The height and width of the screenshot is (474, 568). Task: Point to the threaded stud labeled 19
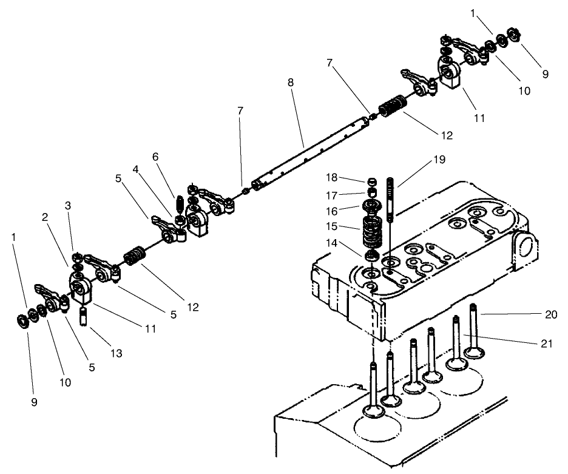pyautogui.click(x=391, y=194)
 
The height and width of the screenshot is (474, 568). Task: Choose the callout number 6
pyautogui.click(x=155, y=157)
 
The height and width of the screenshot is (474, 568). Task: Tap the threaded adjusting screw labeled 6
pyautogui.click(x=179, y=203)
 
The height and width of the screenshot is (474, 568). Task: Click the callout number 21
pyautogui.click(x=547, y=343)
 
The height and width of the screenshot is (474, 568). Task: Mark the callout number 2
pyautogui.click(x=45, y=217)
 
